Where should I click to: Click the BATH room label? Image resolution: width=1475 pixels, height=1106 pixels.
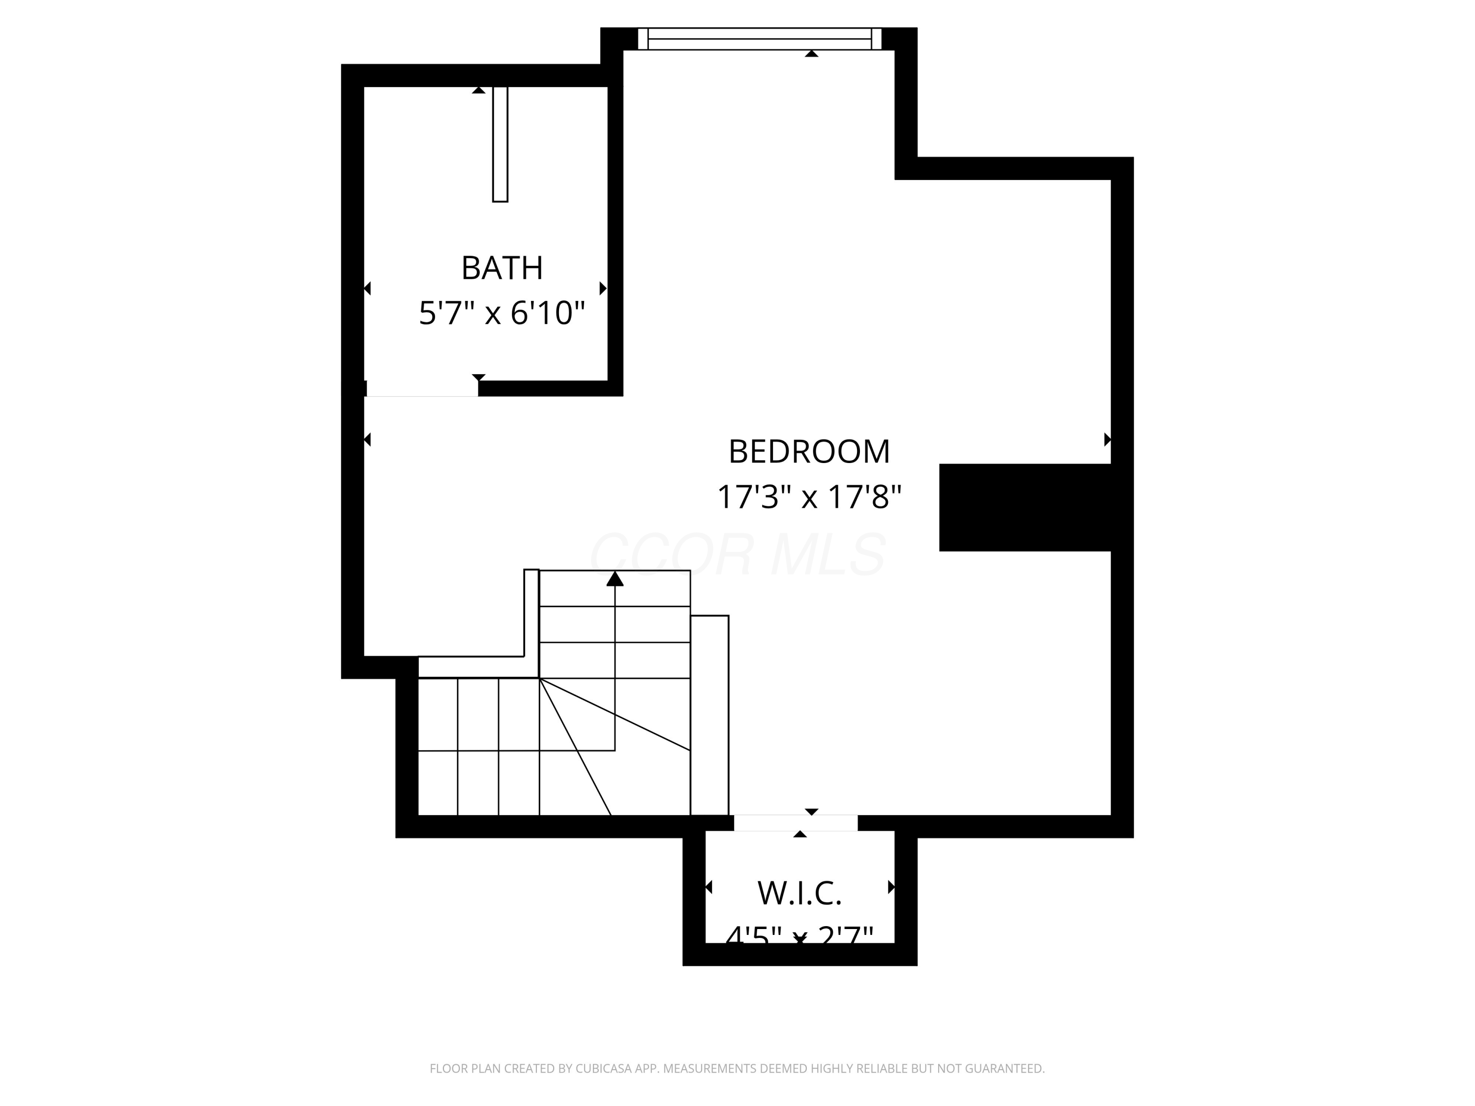[502, 268]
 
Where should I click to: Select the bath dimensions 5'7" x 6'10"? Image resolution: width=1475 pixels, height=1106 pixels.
[501, 313]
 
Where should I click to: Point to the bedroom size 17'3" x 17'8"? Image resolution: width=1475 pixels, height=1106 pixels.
[809, 496]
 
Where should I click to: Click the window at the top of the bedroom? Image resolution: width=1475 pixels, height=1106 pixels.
[760, 39]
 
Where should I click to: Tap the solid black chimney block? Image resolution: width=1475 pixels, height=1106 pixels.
[1025, 507]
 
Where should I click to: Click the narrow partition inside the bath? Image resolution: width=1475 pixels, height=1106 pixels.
[500, 144]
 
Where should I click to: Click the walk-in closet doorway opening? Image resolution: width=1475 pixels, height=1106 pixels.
[796, 823]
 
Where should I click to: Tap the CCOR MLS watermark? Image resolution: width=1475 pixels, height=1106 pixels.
[737, 554]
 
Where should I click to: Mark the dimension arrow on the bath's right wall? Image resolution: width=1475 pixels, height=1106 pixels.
[603, 289]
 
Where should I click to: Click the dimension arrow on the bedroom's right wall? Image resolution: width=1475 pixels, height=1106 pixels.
[1107, 439]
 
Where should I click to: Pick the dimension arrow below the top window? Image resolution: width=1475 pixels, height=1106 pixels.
[812, 53]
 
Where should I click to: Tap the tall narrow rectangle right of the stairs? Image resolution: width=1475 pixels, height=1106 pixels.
[709, 715]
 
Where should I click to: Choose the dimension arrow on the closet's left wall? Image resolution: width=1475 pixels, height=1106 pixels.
[709, 887]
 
